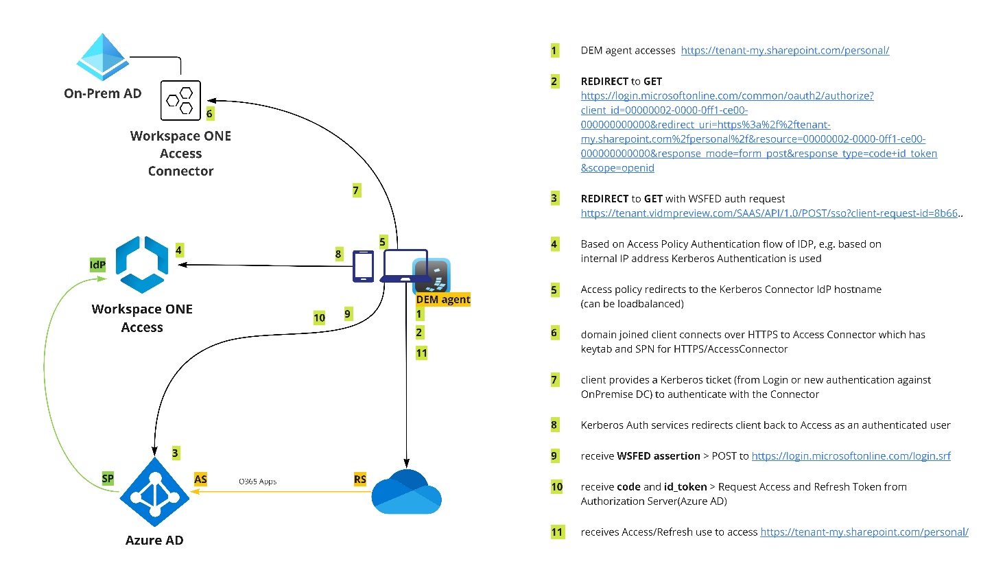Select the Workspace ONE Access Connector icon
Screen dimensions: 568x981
coord(180,101)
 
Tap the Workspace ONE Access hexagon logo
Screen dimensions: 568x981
coord(142,264)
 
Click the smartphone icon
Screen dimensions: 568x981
coord(363,266)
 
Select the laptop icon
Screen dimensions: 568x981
coord(405,266)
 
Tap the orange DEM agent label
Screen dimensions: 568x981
coord(442,299)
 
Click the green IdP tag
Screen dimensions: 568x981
coord(98,264)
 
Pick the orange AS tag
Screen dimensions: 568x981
coord(200,478)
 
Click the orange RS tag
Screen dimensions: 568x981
coord(360,479)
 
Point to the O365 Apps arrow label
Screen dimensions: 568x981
coord(258,482)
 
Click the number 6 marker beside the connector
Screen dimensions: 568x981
coord(210,114)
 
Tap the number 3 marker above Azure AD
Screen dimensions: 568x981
coord(176,453)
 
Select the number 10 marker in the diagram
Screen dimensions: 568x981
coord(319,318)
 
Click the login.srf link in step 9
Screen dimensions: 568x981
coord(851,456)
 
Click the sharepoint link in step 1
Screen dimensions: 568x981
coord(782,50)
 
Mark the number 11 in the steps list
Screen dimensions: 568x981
coord(556,532)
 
